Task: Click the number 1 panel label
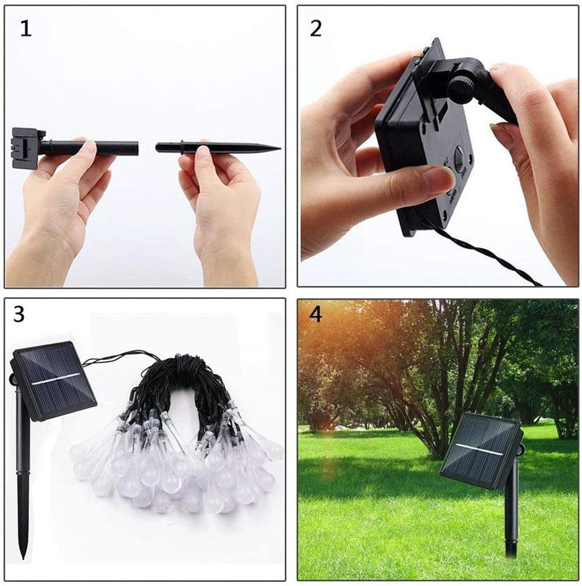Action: point(26,29)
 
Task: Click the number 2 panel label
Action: point(315,29)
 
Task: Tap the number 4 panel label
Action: point(316,315)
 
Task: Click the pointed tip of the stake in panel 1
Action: point(279,147)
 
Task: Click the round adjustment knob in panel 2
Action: point(462,89)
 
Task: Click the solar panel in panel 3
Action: point(52,380)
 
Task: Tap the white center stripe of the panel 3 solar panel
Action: point(56,379)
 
